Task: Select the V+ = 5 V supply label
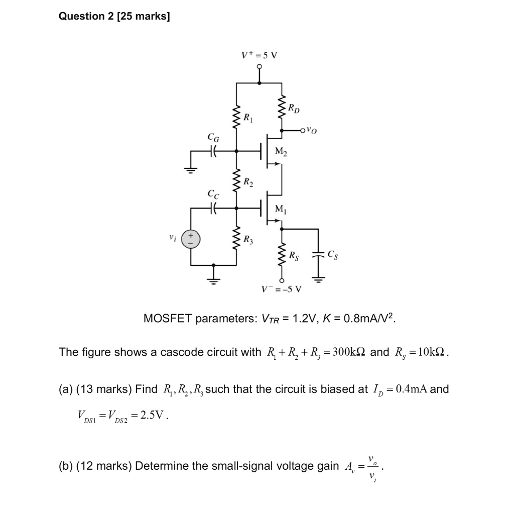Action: click(x=259, y=55)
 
